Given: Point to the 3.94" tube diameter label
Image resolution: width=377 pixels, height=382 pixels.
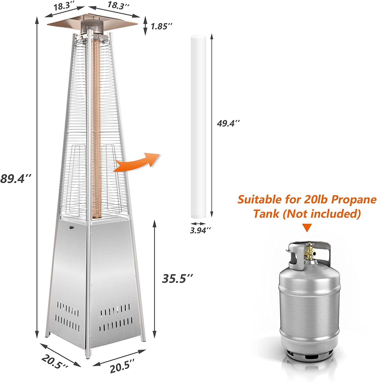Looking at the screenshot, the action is [x=201, y=230].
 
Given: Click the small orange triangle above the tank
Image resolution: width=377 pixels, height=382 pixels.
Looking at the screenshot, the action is [x=307, y=228].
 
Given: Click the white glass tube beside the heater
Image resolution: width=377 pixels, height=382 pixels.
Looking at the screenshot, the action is [x=198, y=130].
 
